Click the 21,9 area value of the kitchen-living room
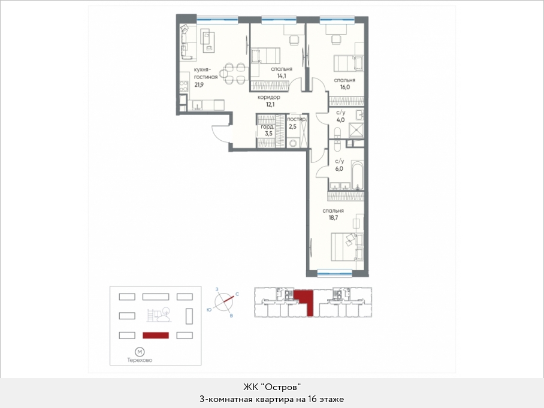(x=199, y=84)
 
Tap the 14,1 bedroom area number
(x=282, y=76)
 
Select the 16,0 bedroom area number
(x=345, y=87)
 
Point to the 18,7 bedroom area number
(x=333, y=218)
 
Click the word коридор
(x=269, y=97)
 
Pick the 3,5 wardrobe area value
(x=268, y=134)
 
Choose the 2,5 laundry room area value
(x=293, y=126)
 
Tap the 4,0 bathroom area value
(x=340, y=120)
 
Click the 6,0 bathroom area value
(x=339, y=169)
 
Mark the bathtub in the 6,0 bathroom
(x=357, y=175)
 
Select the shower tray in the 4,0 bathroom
(x=356, y=130)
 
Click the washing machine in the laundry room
(x=294, y=143)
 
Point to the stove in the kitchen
(x=183, y=86)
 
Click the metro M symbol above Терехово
(x=140, y=352)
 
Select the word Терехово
(x=140, y=360)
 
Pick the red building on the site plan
(x=156, y=336)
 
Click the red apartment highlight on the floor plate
(x=304, y=301)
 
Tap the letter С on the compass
(x=237, y=294)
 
